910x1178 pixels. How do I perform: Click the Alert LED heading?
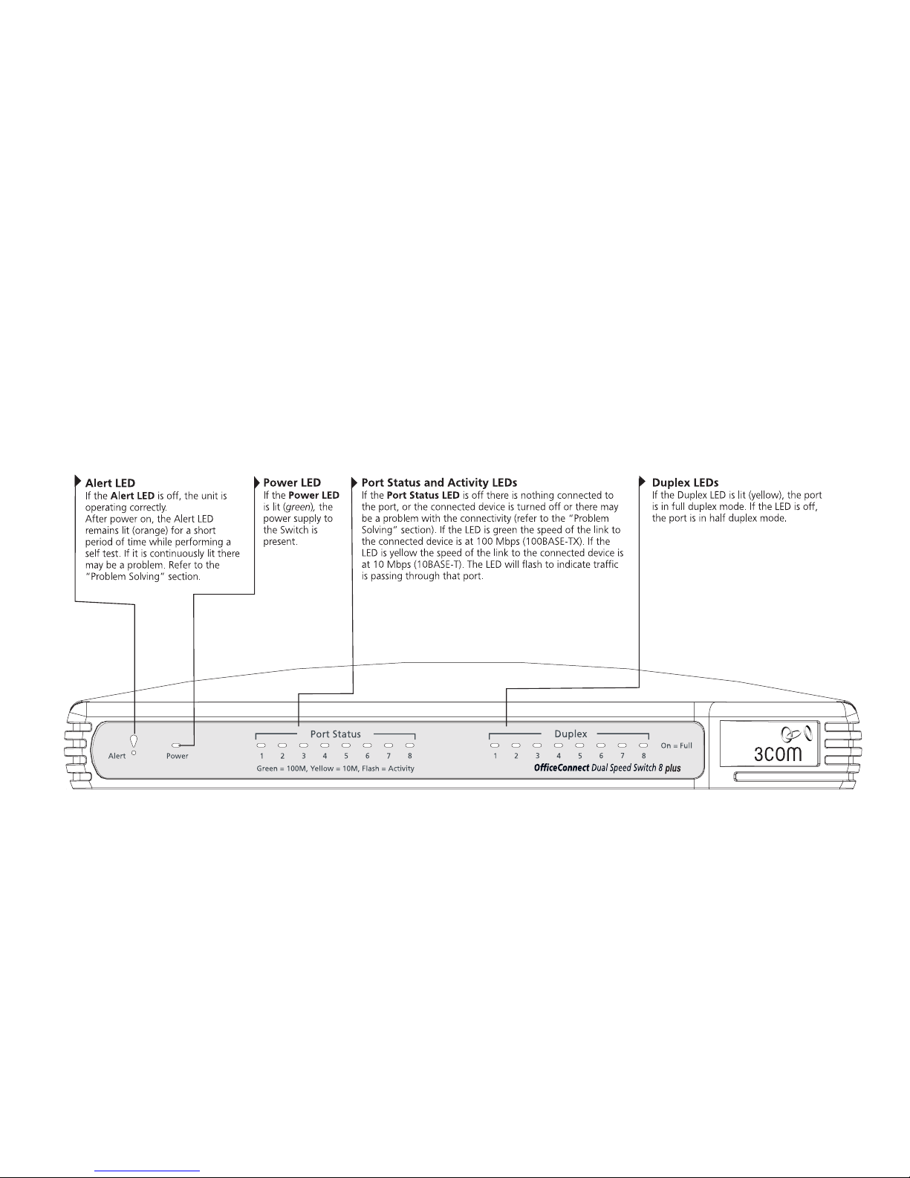click(x=110, y=483)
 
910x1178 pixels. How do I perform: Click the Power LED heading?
click(x=292, y=483)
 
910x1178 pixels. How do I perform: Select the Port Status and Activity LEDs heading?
click(x=439, y=483)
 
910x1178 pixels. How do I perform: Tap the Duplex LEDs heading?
click(x=685, y=483)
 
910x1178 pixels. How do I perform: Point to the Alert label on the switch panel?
click(x=117, y=756)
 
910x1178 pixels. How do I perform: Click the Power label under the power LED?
click(x=177, y=756)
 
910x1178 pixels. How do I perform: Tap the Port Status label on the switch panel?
click(x=335, y=734)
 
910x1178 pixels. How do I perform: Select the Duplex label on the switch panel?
click(x=571, y=734)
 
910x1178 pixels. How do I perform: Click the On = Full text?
click(x=676, y=745)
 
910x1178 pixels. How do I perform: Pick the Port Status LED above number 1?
click(x=261, y=745)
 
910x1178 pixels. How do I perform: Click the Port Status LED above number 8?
click(x=409, y=745)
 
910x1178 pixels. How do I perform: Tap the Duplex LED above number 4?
click(x=559, y=745)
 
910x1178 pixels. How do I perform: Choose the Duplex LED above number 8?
click(x=643, y=745)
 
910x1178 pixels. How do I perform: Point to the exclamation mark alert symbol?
click(x=133, y=741)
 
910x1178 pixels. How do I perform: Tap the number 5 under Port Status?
click(x=346, y=756)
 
